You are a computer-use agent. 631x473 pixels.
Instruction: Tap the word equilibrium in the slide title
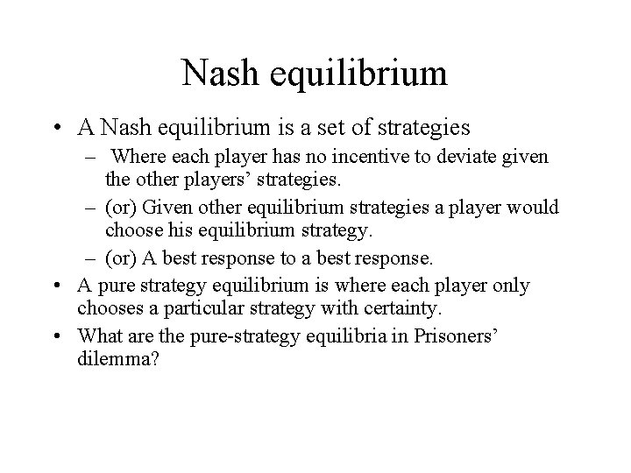tap(360, 73)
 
